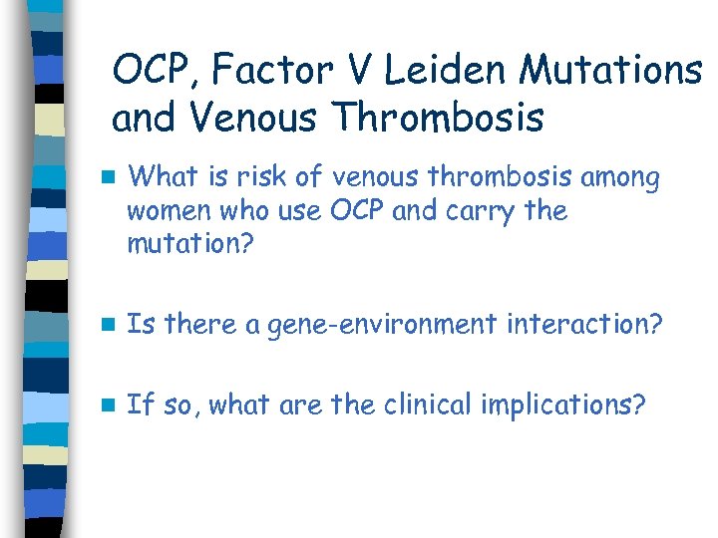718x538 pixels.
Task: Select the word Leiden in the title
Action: (444, 71)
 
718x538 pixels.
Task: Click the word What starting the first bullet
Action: (163, 178)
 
